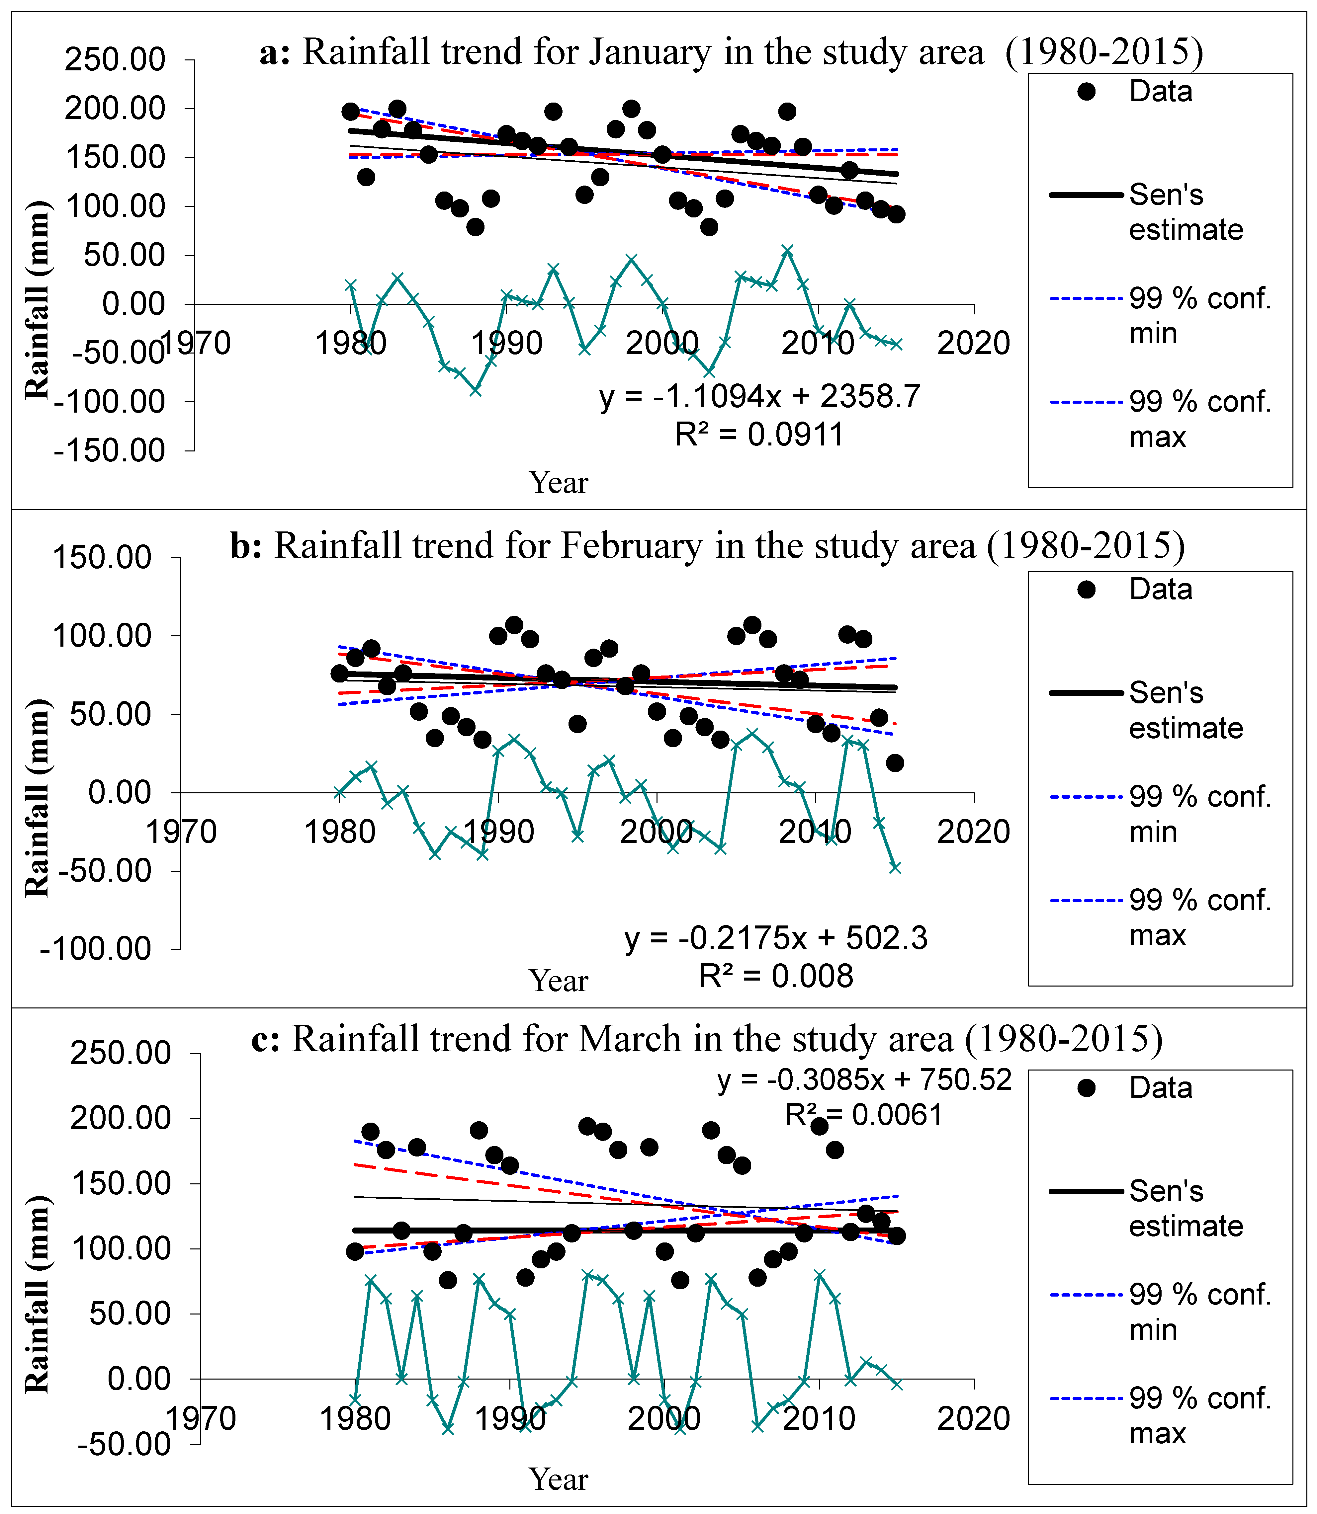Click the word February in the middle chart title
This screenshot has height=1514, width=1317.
click(631, 546)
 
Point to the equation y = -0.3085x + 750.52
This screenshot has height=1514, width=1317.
click(864, 1080)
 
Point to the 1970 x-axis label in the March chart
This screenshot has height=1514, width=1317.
click(200, 1418)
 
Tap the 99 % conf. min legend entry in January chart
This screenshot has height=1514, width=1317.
click(1199, 316)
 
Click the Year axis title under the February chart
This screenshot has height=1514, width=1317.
click(559, 981)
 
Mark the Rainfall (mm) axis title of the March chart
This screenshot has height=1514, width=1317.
click(37, 1294)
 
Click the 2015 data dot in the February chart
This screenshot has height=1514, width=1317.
click(894, 763)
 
